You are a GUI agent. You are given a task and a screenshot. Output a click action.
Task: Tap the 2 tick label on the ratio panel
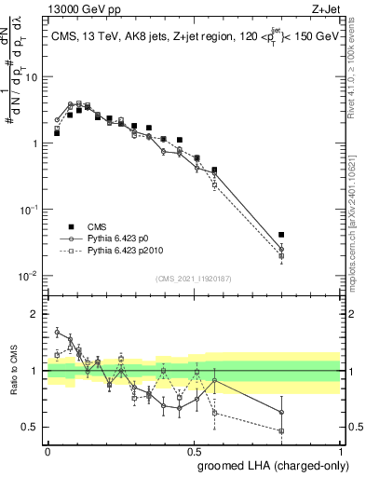click(35, 314)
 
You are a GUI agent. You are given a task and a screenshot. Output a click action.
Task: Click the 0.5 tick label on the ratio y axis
click(31, 428)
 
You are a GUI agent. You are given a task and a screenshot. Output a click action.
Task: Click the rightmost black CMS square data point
click(281, 235)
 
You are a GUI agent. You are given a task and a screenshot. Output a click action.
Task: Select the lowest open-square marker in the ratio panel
click(281, 430)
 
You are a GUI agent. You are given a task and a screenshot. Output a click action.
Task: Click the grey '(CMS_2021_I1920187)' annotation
click(193, 278)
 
